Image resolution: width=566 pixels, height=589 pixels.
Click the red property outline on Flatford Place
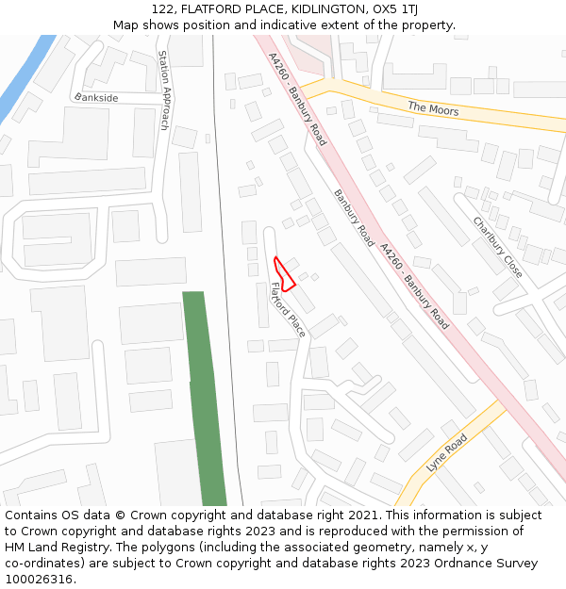click(283, 272)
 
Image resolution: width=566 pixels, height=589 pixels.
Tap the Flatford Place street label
click(288, 310)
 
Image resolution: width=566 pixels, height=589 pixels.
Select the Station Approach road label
click(163, 90)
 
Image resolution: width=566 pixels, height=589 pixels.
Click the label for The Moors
click(433, 109)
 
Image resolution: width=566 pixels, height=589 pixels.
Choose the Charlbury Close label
click(497, 247)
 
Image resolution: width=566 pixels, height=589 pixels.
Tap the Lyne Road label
click(447, 453)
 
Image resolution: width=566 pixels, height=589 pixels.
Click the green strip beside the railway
click(203, 396)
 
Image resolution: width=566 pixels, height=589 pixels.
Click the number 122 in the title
click(161, 9)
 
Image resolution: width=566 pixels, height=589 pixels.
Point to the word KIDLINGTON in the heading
click(312, 9)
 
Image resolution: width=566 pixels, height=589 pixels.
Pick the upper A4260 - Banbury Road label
click(296, 99)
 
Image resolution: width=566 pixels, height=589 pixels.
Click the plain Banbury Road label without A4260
click(354, 219)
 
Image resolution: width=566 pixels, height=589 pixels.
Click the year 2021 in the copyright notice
click(361, 515)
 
